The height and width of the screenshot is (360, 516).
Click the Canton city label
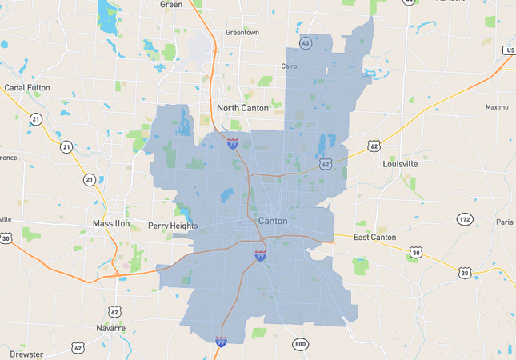pyautogui.click(x=273, y=221)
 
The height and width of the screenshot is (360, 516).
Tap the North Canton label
pyautogui.click(x=242, y=108)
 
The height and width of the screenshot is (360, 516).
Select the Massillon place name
pyautogui.click(x=110, y=224)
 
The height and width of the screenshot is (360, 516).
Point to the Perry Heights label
pyautogui.click(x=173, y=226)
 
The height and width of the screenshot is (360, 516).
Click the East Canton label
pyautogui.click(x=375, y=238)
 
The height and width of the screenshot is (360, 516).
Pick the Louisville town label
pyautogui.click(x=400, y=164)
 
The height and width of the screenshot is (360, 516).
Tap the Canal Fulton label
pyautogui.click(x=27, y=88)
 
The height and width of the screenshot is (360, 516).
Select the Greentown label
pyautogui.click(x=242, y=33)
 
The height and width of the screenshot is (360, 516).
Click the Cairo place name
pyautogui.click(x=290, y=67)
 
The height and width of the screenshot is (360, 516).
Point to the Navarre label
pyautogui.click(x=110, y=328)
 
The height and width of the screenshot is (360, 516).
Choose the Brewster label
pyautogui.click(x=26, y=354)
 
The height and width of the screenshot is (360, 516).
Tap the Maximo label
pyautogui.click(x=497, y=107)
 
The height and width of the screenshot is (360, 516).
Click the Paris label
pyautogui.click(x=504, y=222)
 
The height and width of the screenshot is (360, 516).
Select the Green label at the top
pyautogui.click(x=171, y=4)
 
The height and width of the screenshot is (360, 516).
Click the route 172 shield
pyautogui.click(x=465, y=219)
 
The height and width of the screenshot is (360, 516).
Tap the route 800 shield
pyautogui.click(x=299, y=345)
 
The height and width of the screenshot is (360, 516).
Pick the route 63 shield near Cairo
pyautogui.click(x=306, y=42)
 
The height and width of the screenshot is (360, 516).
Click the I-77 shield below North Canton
pyautogui.click(x=233, y=144)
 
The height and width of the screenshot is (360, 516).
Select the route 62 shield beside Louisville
pyautogui.click(x=374, y=146)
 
